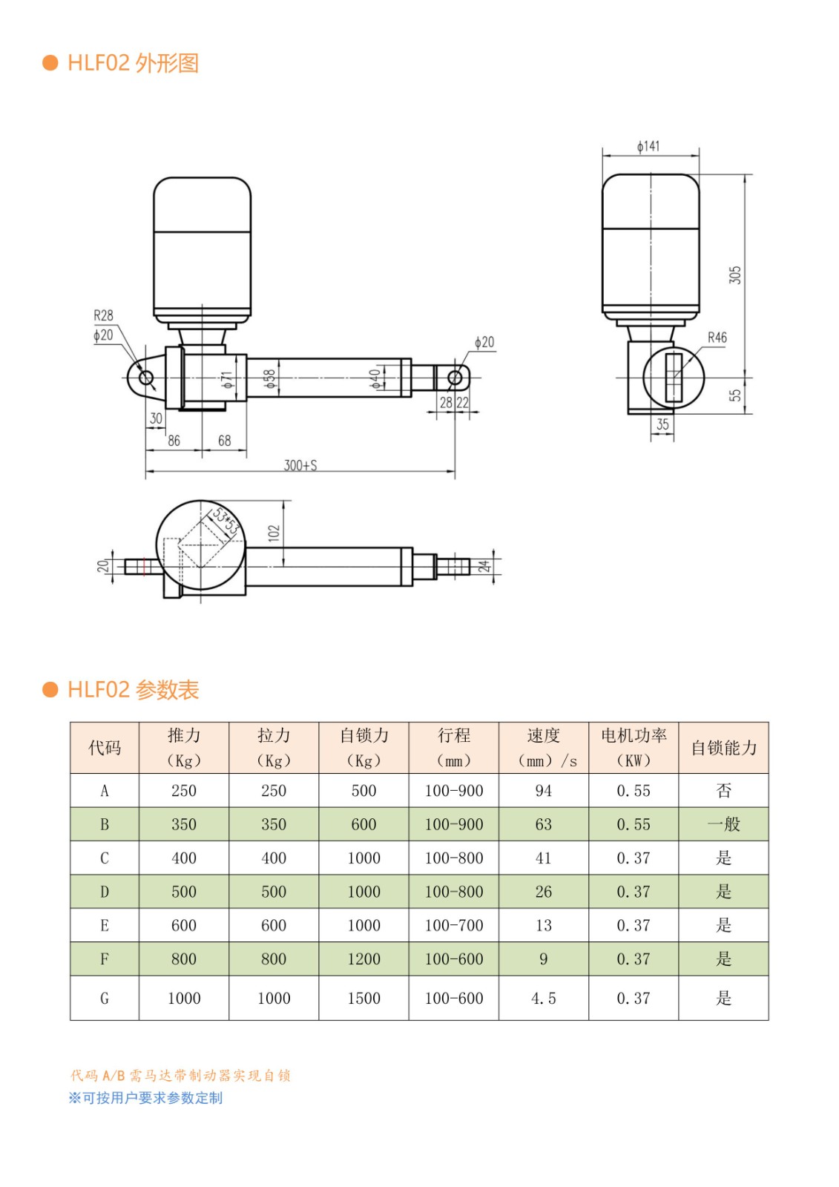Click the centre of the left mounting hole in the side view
tap(145, 378)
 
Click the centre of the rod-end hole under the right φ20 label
tap(455, 378)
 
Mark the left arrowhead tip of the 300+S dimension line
tap(145, 470)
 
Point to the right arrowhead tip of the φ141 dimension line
tap(699, 156)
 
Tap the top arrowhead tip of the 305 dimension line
tap(745, 175)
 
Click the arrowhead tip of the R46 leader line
tap(674, 377)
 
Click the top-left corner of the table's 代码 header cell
tap(70, 722)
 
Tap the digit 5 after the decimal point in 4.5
tap(552, 999)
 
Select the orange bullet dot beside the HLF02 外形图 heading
tap(50, 62)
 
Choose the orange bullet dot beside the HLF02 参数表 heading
tap(50, 689)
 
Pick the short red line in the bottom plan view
tap(144, 567)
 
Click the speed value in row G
tap(543, 999)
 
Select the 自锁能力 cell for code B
tap(723, 824)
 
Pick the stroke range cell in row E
tap(454, 925)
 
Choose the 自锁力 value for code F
tap(363, 959)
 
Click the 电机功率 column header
tap(634, 747)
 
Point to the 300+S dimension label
tap(300, 465)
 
